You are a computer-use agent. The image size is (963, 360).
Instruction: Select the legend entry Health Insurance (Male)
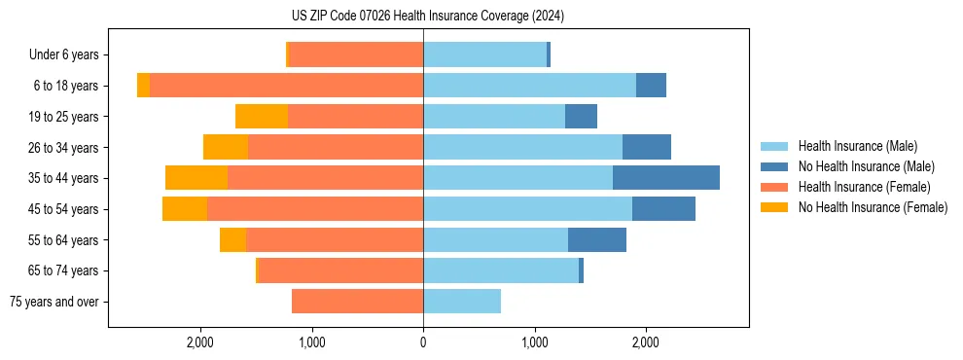[x=856, y=146]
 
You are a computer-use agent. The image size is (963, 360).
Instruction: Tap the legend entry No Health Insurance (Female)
[x=873, y=207]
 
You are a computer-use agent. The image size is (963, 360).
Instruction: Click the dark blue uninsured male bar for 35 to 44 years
[x=666, y=178]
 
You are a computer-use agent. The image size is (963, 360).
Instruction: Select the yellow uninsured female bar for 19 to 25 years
[x=262, y=117]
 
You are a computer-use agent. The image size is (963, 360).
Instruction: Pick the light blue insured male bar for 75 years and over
[x=462, y=302]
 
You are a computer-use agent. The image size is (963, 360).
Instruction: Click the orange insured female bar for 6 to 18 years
[x=286, y=86]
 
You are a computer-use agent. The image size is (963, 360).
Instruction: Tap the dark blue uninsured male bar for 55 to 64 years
[x=597, y=240]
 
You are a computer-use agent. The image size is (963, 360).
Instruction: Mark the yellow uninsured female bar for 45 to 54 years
[x=185, y=209]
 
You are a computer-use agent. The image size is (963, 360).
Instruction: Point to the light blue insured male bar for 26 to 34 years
[x=522, y=147]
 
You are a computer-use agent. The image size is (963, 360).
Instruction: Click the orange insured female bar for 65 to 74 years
[x=340, y=270]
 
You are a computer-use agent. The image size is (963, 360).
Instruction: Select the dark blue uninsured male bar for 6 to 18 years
[x=651, y=86]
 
